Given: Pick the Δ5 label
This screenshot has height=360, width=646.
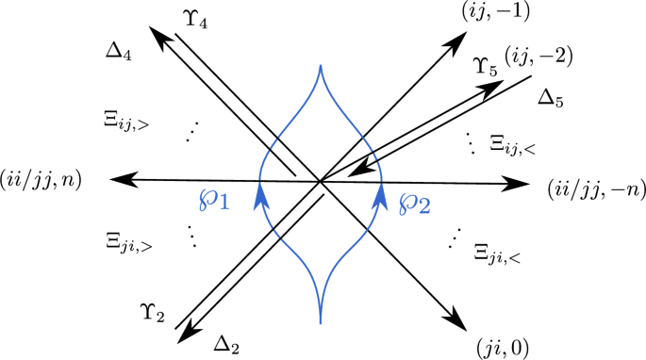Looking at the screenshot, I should tap(553, 97).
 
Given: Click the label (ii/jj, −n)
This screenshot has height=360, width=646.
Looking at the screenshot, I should tap(594, 190).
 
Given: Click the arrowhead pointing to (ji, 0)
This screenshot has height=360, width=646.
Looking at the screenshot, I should tap(456, 321).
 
